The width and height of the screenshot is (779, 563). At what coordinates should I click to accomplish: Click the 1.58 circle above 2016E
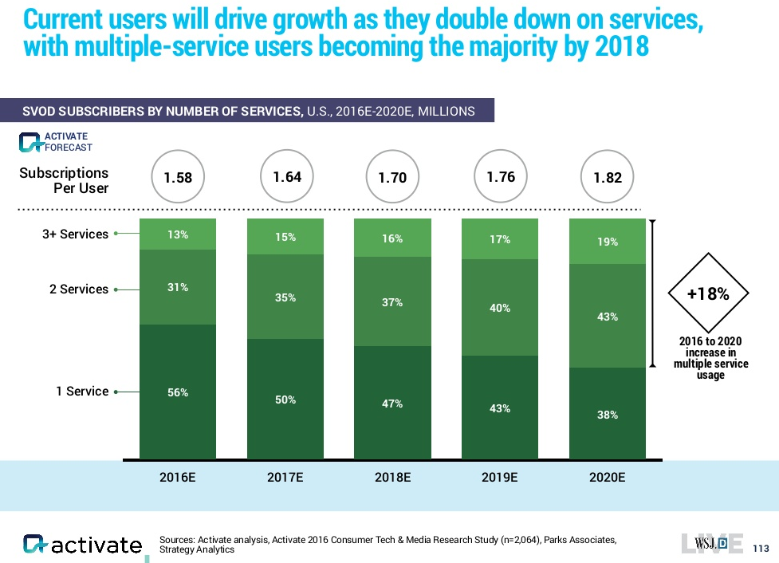tap(178, 177)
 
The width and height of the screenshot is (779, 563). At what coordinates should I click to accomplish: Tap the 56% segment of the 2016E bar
tap(178, 392)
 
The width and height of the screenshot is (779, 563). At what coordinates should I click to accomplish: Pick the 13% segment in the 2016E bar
tap(178, 234)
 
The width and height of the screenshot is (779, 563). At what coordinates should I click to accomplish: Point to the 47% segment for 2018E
tap(392, 404)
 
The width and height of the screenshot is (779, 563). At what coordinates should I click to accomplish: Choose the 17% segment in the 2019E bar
tap(500, 238)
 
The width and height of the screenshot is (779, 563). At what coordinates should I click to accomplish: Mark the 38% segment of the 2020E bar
tap(608, 414)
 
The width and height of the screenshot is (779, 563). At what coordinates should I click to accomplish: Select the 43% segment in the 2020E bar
tap(608, 316)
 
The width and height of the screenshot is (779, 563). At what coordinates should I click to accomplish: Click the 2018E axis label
tap(392, 478)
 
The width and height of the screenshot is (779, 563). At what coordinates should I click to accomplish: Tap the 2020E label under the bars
tap(608, 478)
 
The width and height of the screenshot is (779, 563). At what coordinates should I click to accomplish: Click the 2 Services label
tap(78, 289)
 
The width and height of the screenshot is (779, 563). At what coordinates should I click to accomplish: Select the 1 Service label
tap(81, 392)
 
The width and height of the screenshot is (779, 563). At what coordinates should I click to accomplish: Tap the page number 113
tap(761, 548)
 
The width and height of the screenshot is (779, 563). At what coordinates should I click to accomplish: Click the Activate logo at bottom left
tap(83, 545)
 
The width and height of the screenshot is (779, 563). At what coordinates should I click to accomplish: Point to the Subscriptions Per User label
tap(64, 180)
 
